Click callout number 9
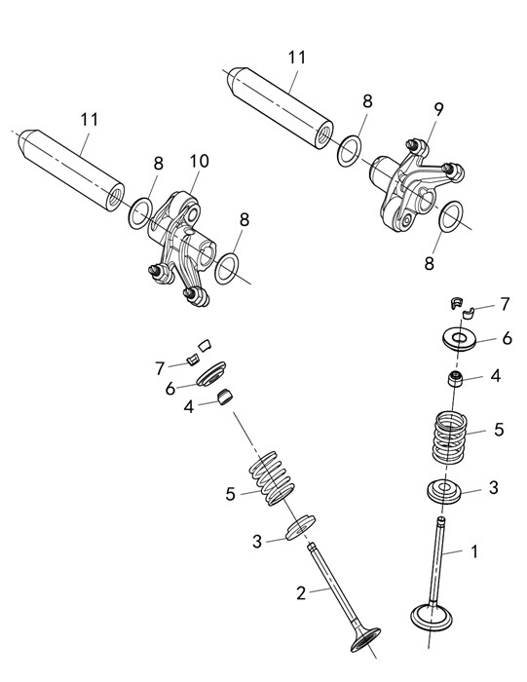(438, 109)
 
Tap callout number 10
(199, 161)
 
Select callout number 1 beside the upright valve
(474, 551)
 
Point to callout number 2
(301, 592)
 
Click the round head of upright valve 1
(432, 617)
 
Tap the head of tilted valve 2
(365, 639)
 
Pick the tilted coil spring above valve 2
(272, 478)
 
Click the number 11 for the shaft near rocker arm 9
(297, 57)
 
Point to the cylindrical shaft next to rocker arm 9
(281, 108)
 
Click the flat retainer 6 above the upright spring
(459, 339)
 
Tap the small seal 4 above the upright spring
(455, 379)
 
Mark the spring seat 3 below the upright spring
(443, 491)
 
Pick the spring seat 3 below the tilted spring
(300, 527)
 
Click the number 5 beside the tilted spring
(231, 495)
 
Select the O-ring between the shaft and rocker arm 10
(140, 213)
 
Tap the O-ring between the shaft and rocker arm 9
(349, 150)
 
